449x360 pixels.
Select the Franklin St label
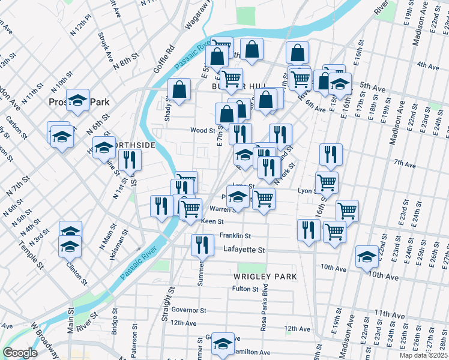[x=235, y=236]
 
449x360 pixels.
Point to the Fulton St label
[x=246, y=289]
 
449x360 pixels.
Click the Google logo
[x=20, y=353]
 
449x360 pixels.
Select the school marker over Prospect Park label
[x=77, y=100]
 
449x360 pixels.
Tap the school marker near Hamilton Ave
[x=223, y=343]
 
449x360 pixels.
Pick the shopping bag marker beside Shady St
[x=179, y=89]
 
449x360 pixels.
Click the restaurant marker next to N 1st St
[x=130, y=159]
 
